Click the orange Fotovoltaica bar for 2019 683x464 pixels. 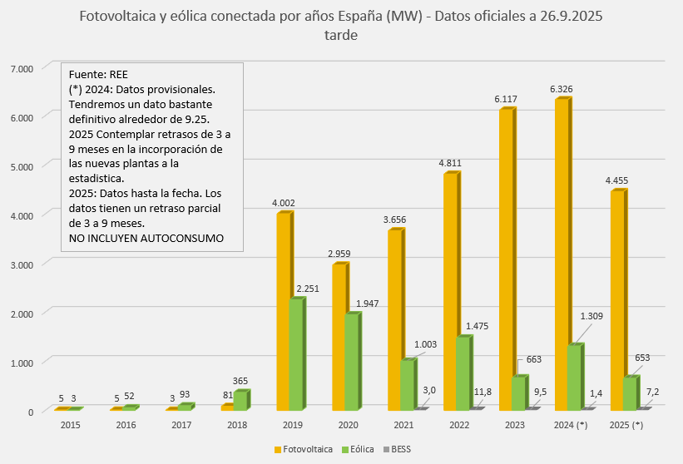pyautogui.click(x=285, y=312)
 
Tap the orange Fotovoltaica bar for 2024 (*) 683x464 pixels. pyautogui.click(x=562, y=254)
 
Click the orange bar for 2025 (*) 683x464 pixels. pyautogui.click(x=617, y=300)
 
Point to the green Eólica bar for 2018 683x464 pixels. pyautogui.click(x=241, y=401)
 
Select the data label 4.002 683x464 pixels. pyautogui.click(x=284, y=203)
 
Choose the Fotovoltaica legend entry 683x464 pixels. pyautogui.click(x=300, y=449)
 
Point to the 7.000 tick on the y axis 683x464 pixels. pyautogui.click(x=20, y=67)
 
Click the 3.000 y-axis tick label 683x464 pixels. pyautogui.click(x=20, y=264)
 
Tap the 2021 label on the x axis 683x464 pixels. pyautogui.click(x=403, y=426)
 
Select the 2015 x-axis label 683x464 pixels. pyautogui.click(x=70, y=426)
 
